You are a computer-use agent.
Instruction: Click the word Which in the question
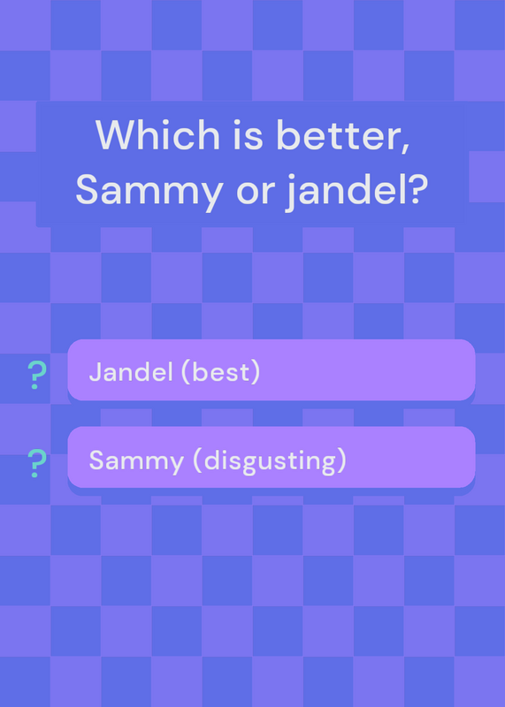(157, 134)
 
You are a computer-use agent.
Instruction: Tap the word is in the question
(249, 134)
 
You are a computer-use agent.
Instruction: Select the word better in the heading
(339, 135)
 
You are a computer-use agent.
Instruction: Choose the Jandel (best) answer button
(272, 369)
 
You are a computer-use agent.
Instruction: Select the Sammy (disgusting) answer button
(272, 457)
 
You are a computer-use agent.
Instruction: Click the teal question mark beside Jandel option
(36, 375)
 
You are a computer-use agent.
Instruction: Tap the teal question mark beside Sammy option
(36, 463)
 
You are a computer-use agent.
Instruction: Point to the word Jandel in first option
(131, 372)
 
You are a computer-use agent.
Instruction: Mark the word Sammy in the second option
(136, 460)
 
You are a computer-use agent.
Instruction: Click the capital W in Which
(118, 134)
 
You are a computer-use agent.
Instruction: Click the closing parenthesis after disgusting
(341, 461)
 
